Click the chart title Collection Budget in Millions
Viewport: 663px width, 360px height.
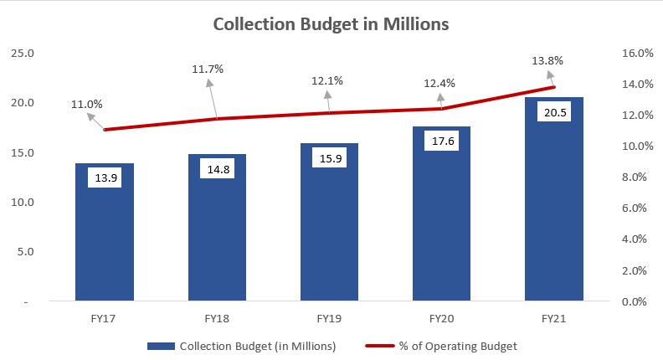(x=331, y=24)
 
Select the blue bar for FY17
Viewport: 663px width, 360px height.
(x=105, y=243)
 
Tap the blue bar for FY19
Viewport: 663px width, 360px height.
(x=329, y=243)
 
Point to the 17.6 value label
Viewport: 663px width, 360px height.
(x=441, y=141)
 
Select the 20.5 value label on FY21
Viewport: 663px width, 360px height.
(x=553, y=111)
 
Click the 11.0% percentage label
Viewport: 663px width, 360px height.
(x=87, y=105)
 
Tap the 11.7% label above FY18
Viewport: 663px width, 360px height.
(x=208, y=69)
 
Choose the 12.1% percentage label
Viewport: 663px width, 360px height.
(x=326, y=80)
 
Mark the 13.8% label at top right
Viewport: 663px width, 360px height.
(x=547, y=60)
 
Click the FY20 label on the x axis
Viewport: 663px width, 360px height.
(x=441, y=319)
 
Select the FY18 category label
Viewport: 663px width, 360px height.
(x=217, y=319)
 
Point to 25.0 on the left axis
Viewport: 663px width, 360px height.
(x=22, y=54)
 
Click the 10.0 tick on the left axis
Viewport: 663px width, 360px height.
(x=22, y=202)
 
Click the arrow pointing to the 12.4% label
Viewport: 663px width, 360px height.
(x=441, y=101)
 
